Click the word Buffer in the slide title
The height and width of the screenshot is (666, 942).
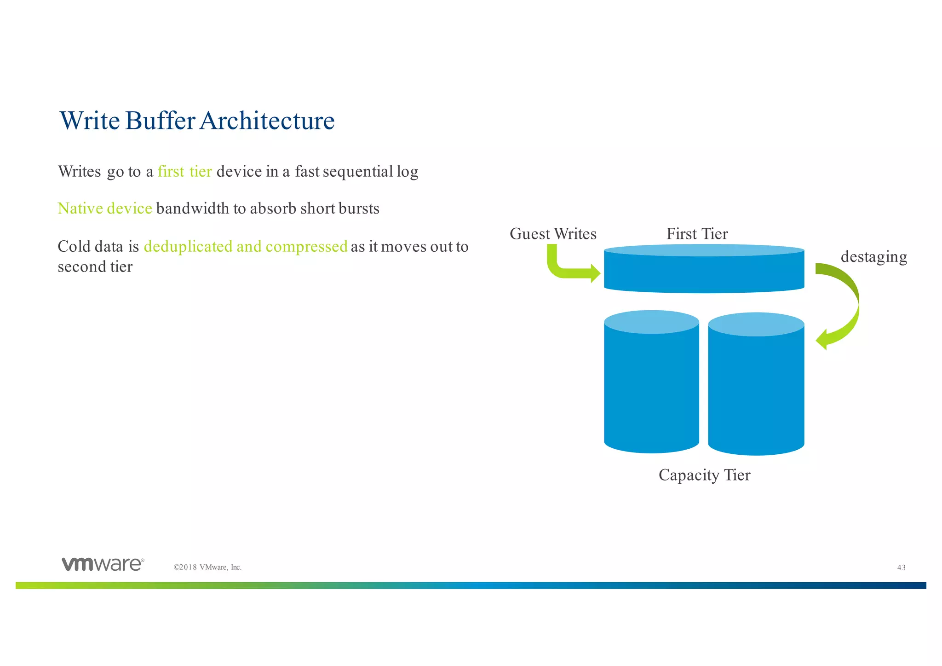tap(160, 121)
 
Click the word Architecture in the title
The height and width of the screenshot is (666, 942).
tap(267, 121)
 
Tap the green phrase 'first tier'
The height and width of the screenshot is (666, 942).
tap(184, 172)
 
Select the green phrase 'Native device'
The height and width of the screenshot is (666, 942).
tap(105, 208)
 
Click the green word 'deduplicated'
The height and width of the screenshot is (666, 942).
tap(188, 247)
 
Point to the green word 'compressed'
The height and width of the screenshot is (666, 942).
tap(306, 247)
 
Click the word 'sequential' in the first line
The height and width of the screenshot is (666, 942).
tap(358, 172)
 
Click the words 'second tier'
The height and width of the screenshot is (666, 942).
tap(95, 267)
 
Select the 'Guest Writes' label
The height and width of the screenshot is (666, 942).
tap(553, 234)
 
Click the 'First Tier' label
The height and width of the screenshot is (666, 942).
tap(697, 234)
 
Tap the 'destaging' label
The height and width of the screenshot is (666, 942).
tap(873, 257)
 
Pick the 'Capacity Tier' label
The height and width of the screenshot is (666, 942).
tap(704, 475)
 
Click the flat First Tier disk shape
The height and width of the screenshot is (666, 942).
tap(704, 272)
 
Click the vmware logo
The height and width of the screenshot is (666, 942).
tap(103, 564)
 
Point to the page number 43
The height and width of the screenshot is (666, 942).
tap(901, 568)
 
